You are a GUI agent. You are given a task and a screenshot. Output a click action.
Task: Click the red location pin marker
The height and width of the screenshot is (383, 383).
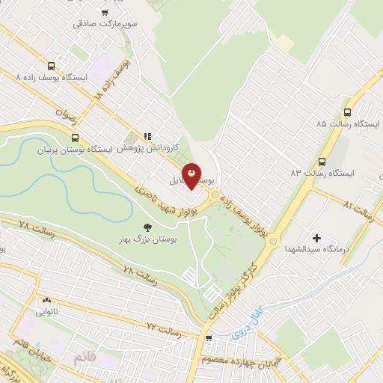pyautogui.click(x=192, y=176)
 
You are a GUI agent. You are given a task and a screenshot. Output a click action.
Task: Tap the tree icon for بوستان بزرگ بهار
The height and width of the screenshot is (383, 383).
pyautogui.click(x=147, y=227)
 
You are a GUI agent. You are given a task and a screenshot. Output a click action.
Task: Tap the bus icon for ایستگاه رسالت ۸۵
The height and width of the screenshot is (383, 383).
pyautogui.click(x=346, y=108)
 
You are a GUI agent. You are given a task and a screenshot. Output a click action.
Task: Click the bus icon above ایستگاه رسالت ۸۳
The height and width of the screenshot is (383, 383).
pyautogui.click(x=322, y=161)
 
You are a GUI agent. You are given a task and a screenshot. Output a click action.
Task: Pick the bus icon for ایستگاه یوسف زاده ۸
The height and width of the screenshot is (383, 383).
pyautogui.click(x=51, y=65)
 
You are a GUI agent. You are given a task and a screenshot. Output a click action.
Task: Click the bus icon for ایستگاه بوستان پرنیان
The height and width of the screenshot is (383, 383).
pyautogui.click(x=74, y=138)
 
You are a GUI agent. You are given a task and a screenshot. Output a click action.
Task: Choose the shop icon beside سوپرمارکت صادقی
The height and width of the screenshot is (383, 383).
pyautogui.click(x=105, y=12)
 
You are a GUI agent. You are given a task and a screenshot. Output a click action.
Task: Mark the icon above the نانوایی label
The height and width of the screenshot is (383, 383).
pyautogui.click(x=43, y=304)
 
